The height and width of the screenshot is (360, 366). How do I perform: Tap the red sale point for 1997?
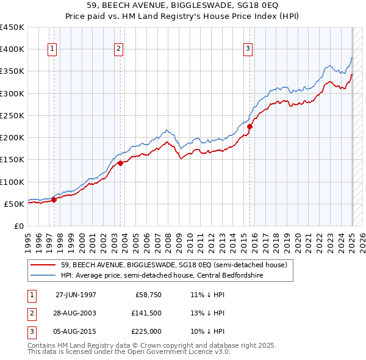click(x=54, y=199)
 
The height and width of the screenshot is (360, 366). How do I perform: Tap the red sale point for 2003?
click(x=121, y=163)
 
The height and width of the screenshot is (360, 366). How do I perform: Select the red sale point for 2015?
click(x=250, y=126)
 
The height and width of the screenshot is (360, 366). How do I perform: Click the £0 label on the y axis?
click(x=18, y=226)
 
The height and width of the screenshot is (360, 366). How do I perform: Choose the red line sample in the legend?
click(x=43, y=265)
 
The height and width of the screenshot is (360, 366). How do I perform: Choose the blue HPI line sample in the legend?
click(x=43, y=275)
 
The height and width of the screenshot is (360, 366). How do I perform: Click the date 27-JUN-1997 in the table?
click(x=76, y=295)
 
